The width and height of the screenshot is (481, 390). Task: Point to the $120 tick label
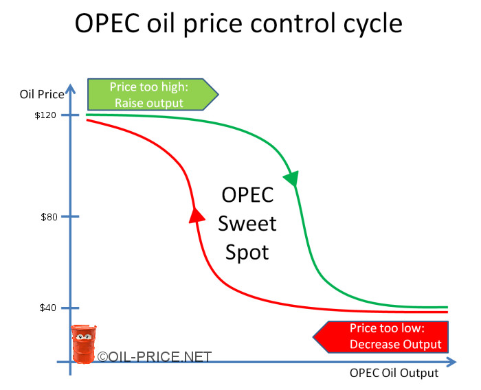[46, 115]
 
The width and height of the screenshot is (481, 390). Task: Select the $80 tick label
[49, 217]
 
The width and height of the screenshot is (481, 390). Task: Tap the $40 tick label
[49, 308]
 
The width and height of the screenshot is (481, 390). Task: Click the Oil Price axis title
[42, 93]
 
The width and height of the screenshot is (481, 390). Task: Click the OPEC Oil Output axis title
[394, 374]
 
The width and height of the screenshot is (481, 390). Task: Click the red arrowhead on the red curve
[197, 214]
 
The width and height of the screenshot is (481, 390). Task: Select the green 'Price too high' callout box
[151, 95]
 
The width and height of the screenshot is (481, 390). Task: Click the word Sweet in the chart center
[248, 224]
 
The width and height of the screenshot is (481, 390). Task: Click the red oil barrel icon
[84, 344]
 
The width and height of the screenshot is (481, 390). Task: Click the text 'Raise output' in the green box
[146, 103]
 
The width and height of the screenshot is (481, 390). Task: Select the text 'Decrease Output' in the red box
[396, 344]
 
